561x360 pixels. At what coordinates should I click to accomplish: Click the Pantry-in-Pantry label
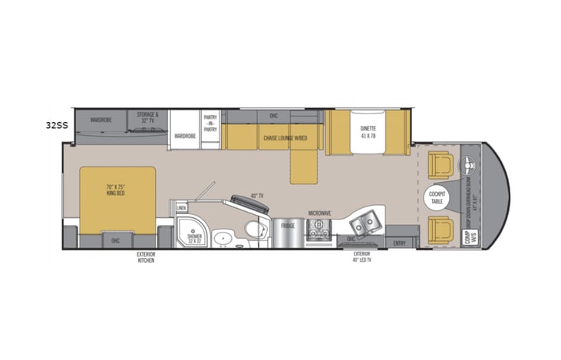click(210, 123)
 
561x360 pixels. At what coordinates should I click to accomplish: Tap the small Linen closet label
click(181, 207)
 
